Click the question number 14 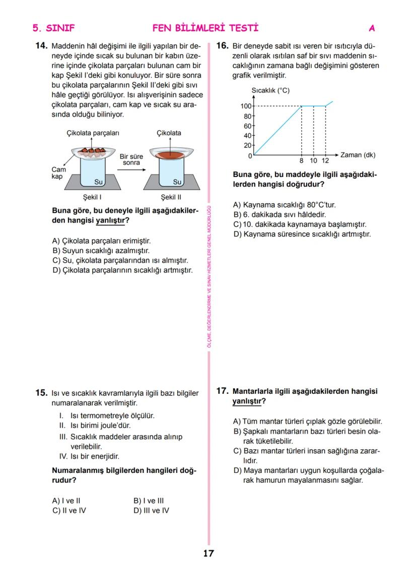pyautogui.click(x=41, y=46)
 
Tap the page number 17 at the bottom pyautogui.click(x=208, y=554)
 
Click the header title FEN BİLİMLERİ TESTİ pyautogui.click(x=205, y=28)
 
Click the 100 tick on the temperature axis pyautogui.click(x=246, y=106)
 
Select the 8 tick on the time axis pyautogui.click(x=301, y=161)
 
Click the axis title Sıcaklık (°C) pyautogui.click(x=270, y=91)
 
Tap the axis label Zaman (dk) pyautogui.click(x=358, y=155)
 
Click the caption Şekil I pyautogui.click(x=92, y=197)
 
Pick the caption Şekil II pyautogui.click(x=171, y=197)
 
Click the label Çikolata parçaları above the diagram pyautogui.click(x=93, y=133)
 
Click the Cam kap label pyautogui.click(x=59, y=174)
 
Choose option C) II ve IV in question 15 pyautogui.click(x=69, y=511)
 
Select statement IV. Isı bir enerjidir pyautogui.click(x=89, y=456)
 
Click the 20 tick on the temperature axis pyautogui.click(x=247, y=145)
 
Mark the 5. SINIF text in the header pyautogui.click(x=53, y=28)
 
